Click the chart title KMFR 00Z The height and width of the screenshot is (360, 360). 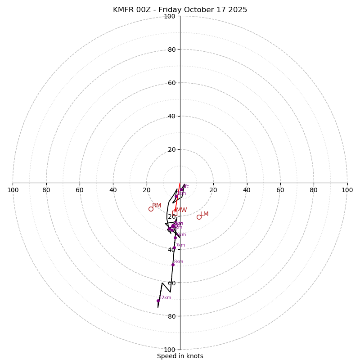pos(180,10)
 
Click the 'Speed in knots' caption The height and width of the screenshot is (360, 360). pos(180,356)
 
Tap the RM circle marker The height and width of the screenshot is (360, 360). pos(151,209)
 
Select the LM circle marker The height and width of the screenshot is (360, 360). pos(199,217)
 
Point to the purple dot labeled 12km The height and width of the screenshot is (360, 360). pos(158,301)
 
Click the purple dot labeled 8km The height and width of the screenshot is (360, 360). pos(173,265)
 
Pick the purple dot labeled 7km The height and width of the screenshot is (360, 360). pos(174,248)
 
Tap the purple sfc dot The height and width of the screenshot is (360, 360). pos(182,189)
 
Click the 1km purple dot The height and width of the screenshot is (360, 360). pos(176,196)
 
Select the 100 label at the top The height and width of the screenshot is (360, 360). pos(170,16)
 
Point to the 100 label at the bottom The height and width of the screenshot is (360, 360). pos(170,350)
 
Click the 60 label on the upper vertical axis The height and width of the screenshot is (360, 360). pos(171,83)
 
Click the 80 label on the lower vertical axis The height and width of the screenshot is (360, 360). pos(171,316)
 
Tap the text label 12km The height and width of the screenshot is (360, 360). pos(166,297)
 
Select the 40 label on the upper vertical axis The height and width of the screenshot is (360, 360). pos(171,116)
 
